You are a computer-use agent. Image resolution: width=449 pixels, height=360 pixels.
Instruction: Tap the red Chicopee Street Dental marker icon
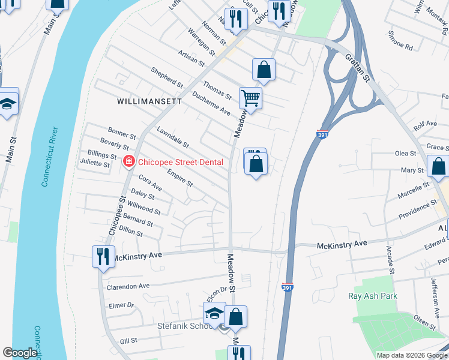pos(128,162)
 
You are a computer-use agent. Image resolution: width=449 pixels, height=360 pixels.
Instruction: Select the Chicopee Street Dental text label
pos(181,162)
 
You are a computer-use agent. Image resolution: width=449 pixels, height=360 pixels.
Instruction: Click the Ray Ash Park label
pos(373,296)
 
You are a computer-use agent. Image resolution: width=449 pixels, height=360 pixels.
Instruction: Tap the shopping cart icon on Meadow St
pos(250,97)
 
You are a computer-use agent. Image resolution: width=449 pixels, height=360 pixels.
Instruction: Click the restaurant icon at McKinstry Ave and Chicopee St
pos(103,256)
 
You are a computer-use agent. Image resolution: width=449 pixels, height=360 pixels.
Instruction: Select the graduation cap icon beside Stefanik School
pos(214,313)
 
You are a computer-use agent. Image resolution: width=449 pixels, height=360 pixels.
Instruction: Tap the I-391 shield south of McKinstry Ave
pos(288,288)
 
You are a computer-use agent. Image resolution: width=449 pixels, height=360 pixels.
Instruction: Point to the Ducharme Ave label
pos(211,103)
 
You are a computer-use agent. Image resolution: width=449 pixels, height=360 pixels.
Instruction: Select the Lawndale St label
pos(172,137)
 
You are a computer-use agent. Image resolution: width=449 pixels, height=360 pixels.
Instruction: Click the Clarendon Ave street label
pos(128,287)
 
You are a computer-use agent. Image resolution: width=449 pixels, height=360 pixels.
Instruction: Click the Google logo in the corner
pos(20,353)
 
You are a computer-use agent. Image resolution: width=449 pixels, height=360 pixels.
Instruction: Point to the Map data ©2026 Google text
pos(412,355)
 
